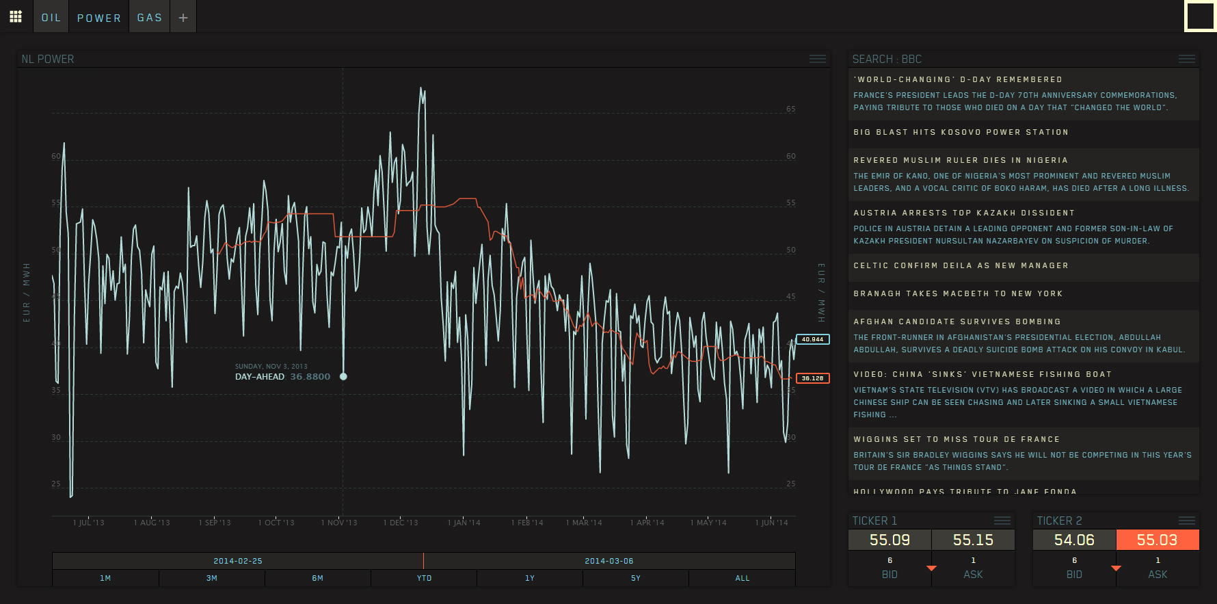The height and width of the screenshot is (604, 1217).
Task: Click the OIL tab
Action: (51, 18)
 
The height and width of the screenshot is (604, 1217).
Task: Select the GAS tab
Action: (150, 18)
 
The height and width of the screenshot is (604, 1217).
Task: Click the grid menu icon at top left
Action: (16, 16)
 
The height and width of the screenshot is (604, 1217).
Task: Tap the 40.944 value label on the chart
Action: (813, 339)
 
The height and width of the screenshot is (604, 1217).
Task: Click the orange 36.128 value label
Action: (813, 378)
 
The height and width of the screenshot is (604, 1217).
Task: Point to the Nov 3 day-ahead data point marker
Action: (343, 376)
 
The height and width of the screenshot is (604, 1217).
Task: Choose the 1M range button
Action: (105, 578)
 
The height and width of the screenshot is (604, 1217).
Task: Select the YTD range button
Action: (425, 578)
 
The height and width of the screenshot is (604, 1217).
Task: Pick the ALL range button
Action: (743, 578)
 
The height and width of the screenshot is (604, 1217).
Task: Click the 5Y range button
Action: (636, 578)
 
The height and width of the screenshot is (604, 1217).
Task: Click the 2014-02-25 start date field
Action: (238, 561)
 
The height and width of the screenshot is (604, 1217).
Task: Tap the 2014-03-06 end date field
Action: (609, 561)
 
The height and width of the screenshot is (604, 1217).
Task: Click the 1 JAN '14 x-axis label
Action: (464, 523)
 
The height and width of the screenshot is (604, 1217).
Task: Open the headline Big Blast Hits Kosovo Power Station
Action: (961, 132)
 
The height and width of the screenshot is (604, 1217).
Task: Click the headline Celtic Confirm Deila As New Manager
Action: (961, 265)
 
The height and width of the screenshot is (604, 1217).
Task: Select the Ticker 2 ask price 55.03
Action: (1157, 540)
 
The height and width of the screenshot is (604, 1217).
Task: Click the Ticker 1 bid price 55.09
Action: (890, 540)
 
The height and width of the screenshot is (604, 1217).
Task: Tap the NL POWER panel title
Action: (48, 60)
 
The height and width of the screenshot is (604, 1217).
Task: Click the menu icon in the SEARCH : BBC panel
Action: (1187, 60)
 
